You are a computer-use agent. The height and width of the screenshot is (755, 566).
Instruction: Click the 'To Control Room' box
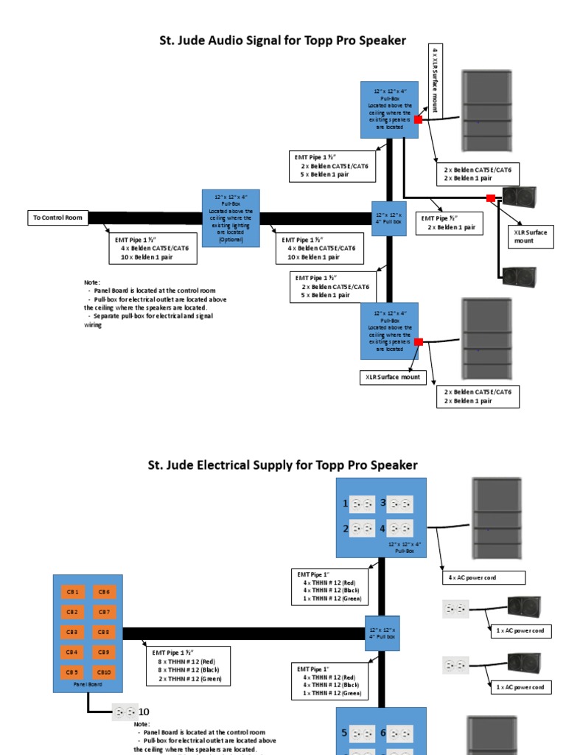point(57,218)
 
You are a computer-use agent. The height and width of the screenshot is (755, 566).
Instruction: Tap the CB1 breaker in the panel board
point(71,591)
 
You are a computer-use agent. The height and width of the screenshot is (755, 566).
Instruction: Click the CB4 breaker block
point(71,652)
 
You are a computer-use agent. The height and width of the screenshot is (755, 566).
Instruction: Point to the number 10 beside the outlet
point(144,711)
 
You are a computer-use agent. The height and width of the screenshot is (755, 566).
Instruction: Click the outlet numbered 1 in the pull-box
point(362,504)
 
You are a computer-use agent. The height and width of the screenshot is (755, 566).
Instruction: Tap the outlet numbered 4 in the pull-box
point(400,528)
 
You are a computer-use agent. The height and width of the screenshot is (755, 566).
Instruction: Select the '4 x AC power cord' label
point(483,577)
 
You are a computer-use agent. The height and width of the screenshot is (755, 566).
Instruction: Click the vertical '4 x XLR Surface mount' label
point(436,79)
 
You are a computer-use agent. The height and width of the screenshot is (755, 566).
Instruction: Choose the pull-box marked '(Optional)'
point(231,218)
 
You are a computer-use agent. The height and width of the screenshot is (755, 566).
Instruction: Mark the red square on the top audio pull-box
point(418,119)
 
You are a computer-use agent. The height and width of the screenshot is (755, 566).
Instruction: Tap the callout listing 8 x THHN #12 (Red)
point(188,666)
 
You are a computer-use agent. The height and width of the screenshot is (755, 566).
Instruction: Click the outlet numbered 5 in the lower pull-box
point(362,734)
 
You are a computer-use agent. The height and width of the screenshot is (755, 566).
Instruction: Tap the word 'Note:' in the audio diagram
point(92,282)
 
